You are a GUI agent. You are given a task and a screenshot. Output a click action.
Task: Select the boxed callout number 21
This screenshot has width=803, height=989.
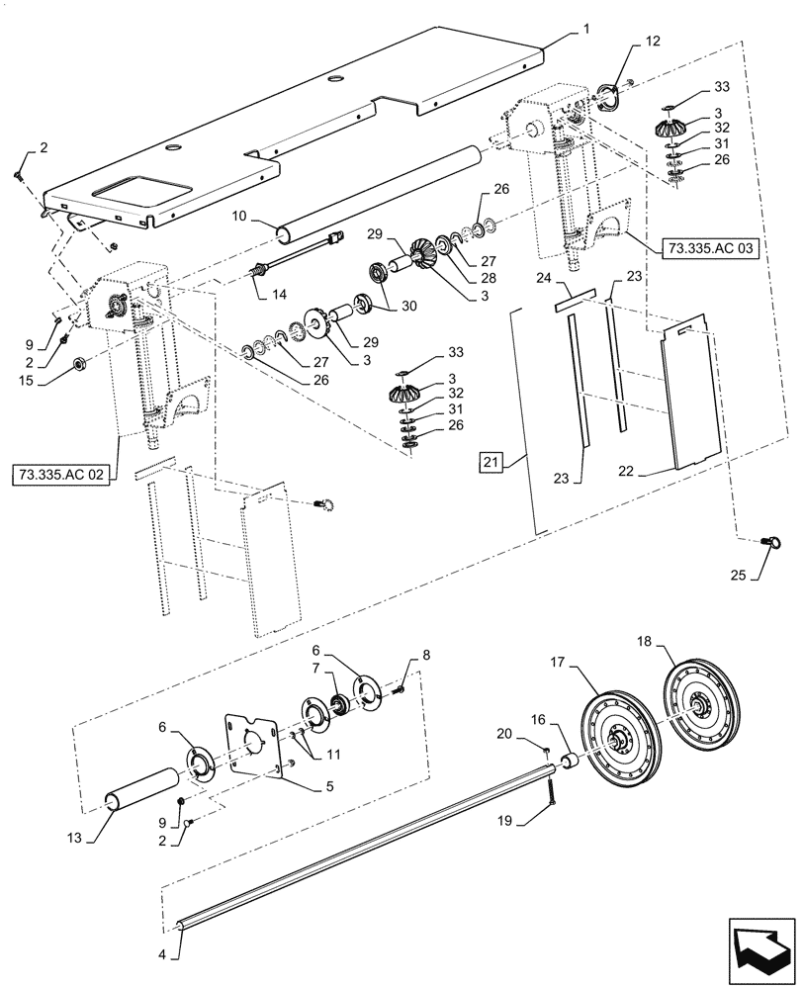[491, 460]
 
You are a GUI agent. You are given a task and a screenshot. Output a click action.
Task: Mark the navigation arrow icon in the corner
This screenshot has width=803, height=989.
[760, 949]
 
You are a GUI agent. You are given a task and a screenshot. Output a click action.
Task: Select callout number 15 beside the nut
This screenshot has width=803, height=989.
[42, 379]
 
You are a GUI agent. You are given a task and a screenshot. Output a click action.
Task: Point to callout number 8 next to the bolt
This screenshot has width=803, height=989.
[426, 654]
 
